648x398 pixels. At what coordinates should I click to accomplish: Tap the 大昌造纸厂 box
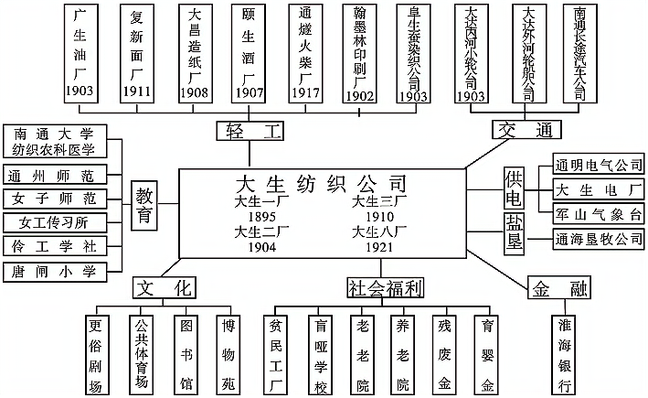(x=193, y=52)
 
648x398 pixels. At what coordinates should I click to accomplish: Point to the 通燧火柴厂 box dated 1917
(x=304, y=52)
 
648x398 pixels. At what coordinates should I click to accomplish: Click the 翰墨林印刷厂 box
(x=360, y=52)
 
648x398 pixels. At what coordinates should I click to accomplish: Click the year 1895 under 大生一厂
(x=260, y=216)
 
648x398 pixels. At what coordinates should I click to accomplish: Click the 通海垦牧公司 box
(x=599, y=239)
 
